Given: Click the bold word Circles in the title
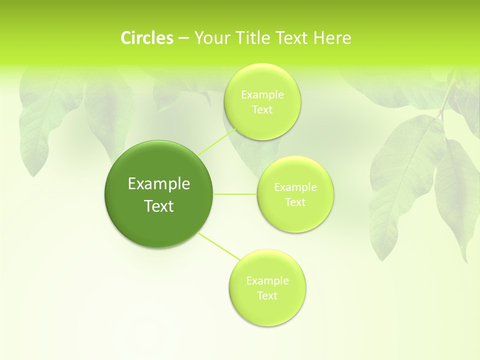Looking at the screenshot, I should tap(147, 38).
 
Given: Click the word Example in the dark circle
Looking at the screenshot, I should tap(159, 184).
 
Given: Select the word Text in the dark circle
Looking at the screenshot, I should tap(159, 206).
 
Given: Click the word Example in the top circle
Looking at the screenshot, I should tap(262, 94).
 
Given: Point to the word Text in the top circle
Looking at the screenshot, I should tap(262, 110).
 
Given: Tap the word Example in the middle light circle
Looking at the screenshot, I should tap(295, 187).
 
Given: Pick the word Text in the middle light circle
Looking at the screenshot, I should tap(295, 202).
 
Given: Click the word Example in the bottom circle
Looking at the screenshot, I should tap(267, 280).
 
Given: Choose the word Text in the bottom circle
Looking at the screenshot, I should tap(267, 295).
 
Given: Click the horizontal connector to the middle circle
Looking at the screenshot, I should tap(235, 193).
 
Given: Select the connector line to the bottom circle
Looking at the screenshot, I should tap(218, 246).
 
